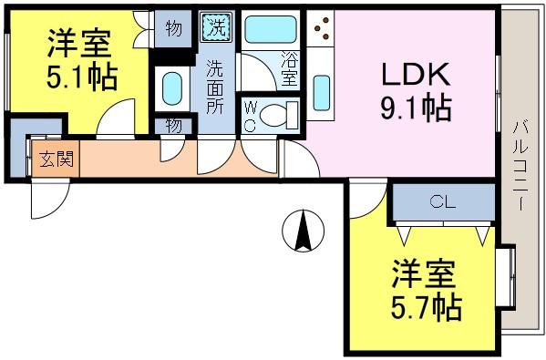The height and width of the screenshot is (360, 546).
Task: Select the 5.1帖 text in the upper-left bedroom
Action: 83,77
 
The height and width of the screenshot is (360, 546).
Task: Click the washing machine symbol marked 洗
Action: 216,26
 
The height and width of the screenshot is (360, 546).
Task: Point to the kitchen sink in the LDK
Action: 322,92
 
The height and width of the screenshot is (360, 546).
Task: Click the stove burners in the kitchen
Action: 321,32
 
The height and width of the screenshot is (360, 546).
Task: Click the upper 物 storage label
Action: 173,28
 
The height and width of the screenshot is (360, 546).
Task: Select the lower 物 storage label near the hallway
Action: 173,126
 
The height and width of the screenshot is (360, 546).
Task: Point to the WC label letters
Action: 250,117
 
